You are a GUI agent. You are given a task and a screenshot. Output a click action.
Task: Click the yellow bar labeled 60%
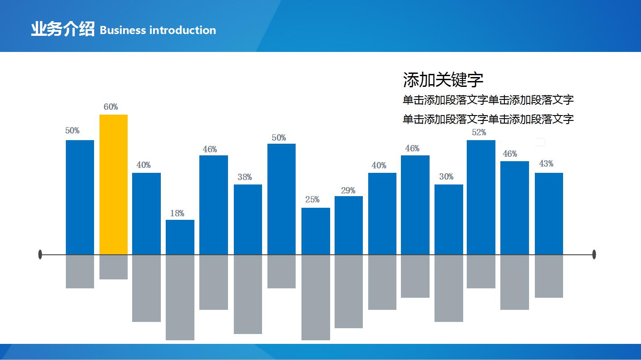tap(113, 184)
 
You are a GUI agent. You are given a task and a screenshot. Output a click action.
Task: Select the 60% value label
tap(111, 107)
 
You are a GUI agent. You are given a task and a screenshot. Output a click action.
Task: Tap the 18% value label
tap(177, 213)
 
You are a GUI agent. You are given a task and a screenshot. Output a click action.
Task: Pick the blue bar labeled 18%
tap(180, 237)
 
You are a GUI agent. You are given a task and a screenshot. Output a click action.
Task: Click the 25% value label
tap(312, 199)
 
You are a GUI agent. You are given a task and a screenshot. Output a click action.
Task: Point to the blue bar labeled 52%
tap(481, 197)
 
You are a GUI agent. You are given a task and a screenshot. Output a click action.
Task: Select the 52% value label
tap(479, 132)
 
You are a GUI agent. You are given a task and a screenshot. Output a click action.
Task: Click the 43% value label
tap(546, 163)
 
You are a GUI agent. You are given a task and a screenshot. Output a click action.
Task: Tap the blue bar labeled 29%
tap(348, 225)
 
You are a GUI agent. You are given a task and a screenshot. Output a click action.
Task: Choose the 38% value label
tap(245, 177)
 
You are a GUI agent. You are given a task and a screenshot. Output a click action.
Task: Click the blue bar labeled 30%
tap(449, 219)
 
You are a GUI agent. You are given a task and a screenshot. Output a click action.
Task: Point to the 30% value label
tap(447, 176)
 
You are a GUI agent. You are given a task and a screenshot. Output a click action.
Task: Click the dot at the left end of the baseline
tap(40, 254)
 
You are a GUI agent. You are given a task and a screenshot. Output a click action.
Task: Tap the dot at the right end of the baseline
tap(594, 254)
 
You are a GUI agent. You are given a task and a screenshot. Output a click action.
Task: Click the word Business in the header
tap(123, 30)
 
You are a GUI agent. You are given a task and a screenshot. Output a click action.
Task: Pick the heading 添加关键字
tap(443, 80)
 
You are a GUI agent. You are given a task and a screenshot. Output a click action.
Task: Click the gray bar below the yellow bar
tap(113, 267)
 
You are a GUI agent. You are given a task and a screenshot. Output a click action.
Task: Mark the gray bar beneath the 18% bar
tap(180, 298)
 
